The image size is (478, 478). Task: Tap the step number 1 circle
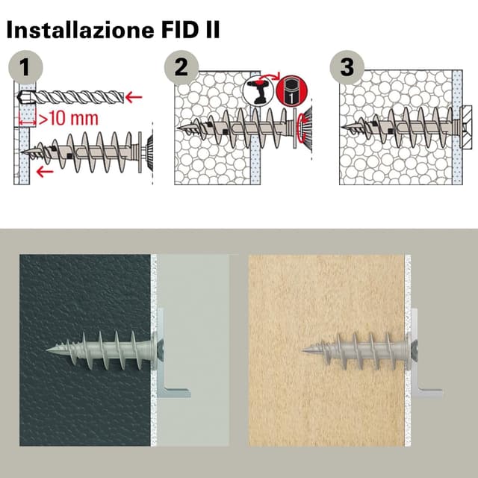click(27, 68)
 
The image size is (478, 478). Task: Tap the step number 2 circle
click(181, 67)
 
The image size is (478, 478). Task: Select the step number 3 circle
click(346, 67)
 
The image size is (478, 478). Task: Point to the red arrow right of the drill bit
click(134, 96)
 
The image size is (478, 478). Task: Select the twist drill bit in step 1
click(75, 97)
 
